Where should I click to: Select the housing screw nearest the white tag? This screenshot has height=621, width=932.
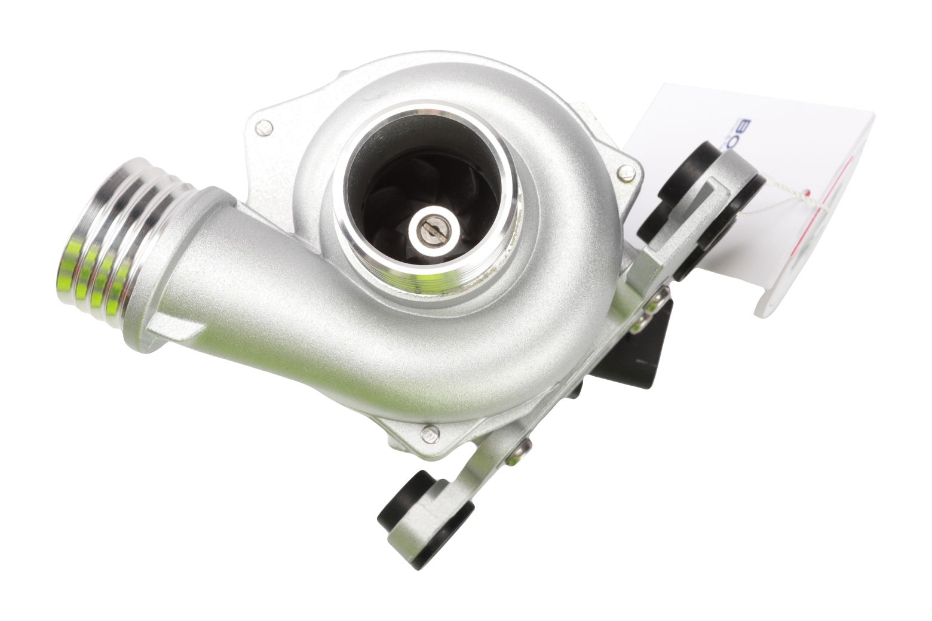click(626, 173)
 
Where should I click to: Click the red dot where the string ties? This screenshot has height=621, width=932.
click(808, 193)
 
